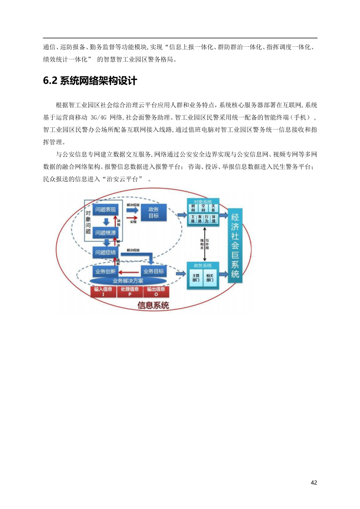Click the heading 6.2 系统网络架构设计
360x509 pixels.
(90, 81)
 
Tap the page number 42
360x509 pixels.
(314, 482)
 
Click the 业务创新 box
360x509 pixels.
(105, 272)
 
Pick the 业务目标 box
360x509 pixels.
(153, 272)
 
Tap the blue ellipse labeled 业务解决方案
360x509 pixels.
(128, 281)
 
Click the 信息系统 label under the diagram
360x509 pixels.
(153, 306)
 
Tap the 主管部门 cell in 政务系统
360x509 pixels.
(196, 277)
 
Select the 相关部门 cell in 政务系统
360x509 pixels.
(210, 277)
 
